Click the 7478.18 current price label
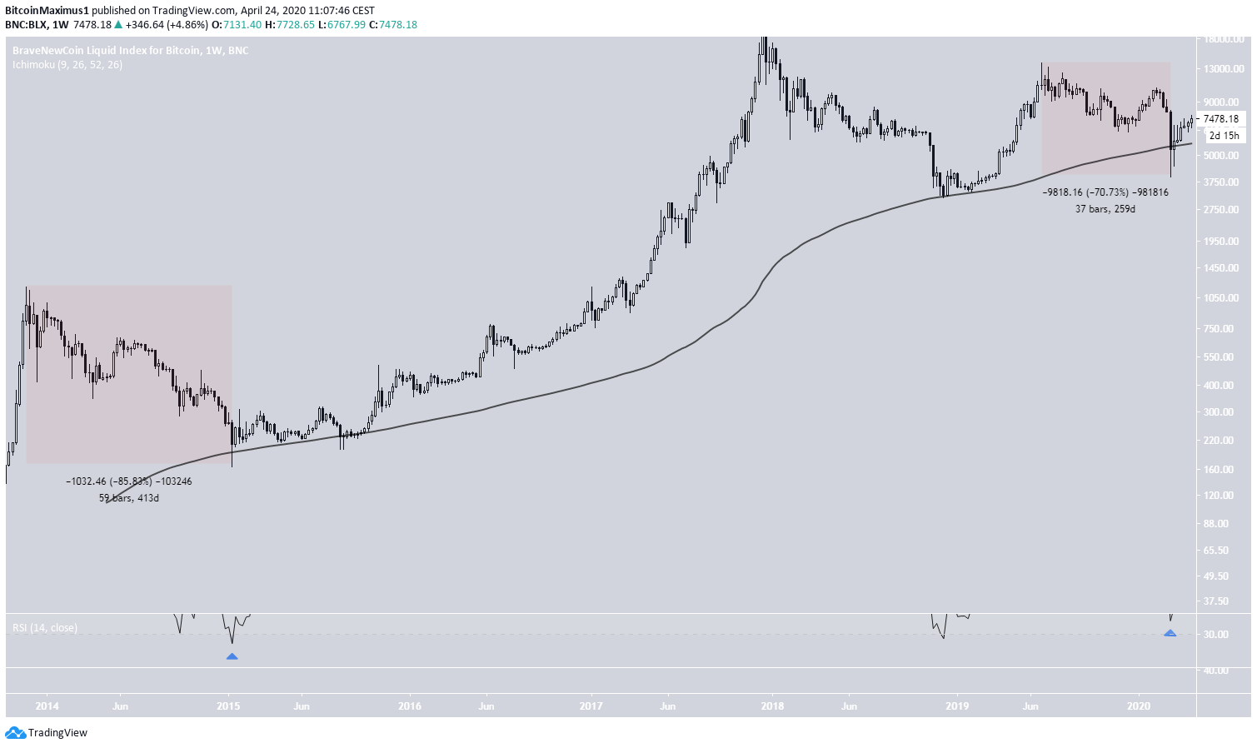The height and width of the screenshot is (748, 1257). [1220, 119]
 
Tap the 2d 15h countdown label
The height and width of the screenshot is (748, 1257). [1224, 136]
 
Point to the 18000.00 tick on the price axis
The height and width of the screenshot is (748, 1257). [1225, 38]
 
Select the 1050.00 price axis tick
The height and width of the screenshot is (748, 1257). [1221, 297]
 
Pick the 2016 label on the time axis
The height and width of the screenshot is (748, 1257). [410, 706]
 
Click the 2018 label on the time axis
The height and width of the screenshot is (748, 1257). [772, 706]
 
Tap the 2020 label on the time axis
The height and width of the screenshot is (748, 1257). [1139, 706]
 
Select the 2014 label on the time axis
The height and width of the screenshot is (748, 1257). [47, 706]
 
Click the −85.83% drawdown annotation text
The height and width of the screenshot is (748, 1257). [129, 481]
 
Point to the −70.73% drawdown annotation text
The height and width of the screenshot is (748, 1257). [1105, 192]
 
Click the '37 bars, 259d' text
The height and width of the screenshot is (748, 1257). [1105, 209]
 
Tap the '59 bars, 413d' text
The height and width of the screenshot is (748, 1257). [129, 498]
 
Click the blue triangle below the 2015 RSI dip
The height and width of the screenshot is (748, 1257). [232, 656]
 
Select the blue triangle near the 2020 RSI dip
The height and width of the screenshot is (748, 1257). [1170, 633]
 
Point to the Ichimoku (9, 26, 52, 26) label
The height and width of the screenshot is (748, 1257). [67, 64]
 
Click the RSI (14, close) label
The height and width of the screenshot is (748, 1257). [45, 627]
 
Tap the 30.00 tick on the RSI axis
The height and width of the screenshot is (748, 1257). [1217, 635]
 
